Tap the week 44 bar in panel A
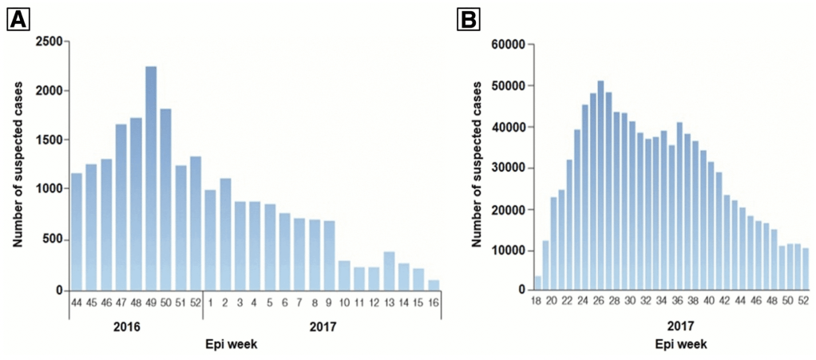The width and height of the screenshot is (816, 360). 76,231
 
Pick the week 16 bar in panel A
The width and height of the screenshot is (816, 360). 434,285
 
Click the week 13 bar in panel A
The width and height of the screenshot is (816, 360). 390,271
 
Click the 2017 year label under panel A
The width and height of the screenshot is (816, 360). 321,326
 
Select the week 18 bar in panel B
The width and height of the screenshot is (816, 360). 537,283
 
